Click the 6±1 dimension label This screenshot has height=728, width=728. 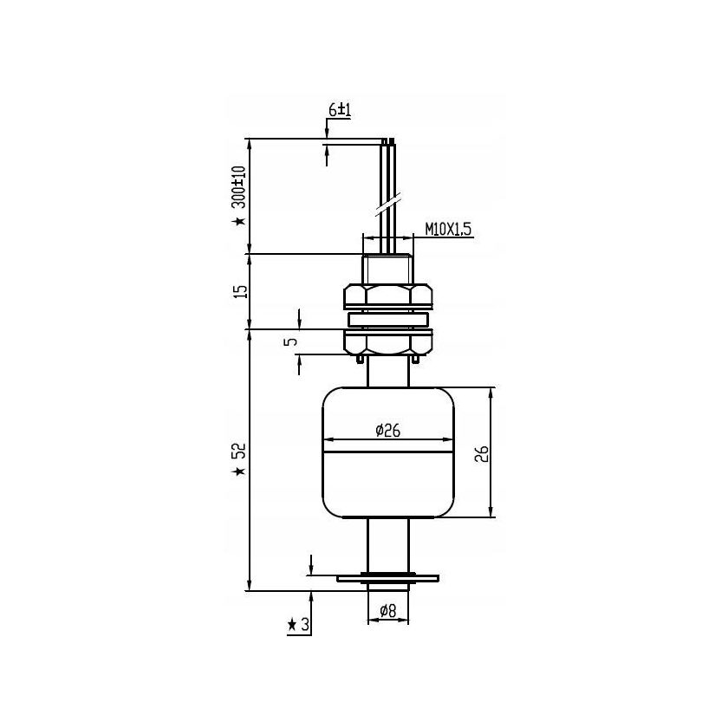340,110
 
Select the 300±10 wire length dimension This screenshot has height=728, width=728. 238,187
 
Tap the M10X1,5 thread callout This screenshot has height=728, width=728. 448,229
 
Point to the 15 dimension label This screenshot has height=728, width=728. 241,291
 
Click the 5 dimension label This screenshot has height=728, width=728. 291,341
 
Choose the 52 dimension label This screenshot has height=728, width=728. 240,451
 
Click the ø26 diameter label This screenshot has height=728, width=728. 387,431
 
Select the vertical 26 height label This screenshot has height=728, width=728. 483,453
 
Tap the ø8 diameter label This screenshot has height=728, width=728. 388,611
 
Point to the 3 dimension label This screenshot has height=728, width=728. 305,625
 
